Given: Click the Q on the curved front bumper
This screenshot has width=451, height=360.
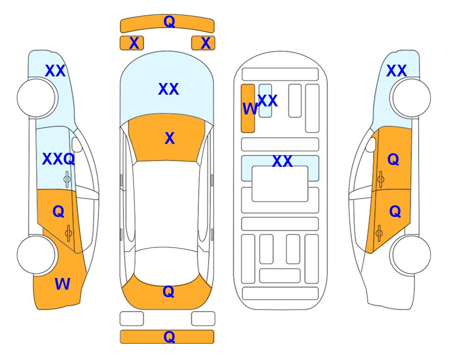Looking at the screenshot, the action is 169,22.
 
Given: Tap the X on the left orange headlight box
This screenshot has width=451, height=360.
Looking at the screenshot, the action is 134,43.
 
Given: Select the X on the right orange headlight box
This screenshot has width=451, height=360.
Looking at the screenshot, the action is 206,43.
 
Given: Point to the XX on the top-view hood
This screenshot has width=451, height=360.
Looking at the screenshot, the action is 169,89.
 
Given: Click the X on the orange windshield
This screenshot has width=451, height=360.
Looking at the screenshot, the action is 170,138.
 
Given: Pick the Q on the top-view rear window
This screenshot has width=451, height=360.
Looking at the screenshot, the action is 168,292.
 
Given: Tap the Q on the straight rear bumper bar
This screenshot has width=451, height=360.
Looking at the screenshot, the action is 169,337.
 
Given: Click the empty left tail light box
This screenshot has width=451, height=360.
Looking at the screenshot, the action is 132,319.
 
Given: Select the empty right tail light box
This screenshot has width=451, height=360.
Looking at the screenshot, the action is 203,319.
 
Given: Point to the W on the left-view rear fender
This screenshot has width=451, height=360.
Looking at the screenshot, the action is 62,284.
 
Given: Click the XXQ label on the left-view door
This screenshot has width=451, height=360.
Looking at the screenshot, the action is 59,159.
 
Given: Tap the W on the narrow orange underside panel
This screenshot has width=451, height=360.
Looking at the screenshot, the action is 250,109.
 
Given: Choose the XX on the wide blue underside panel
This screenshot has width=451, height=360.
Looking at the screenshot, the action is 282,161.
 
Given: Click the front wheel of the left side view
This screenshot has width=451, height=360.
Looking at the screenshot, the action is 37,98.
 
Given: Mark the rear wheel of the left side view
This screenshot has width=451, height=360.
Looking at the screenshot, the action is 37,255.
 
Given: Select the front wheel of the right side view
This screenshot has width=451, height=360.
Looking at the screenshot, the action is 411,98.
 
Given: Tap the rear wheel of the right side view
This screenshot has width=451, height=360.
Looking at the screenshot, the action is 411,255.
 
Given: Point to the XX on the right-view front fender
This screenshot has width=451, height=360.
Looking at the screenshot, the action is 396,71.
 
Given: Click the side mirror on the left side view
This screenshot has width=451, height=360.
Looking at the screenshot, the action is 77,144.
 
